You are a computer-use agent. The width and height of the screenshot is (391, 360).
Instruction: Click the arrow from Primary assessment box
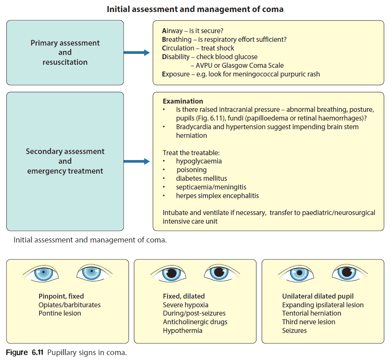[x=136, y=53]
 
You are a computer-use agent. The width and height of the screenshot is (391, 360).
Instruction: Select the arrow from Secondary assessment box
[x=136, y=162]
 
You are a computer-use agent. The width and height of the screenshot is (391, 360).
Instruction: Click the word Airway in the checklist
[x=173, y=31]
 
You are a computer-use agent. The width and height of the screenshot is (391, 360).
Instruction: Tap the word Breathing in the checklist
[x=177, y=40]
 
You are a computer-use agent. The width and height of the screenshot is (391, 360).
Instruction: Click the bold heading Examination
[x=183, y=101]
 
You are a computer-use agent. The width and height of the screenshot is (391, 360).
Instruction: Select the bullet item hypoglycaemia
[x=199, y=161]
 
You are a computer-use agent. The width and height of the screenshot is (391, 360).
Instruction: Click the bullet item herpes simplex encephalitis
[x=217, y=196]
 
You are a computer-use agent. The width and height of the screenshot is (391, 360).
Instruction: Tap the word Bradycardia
[x=195, y=127]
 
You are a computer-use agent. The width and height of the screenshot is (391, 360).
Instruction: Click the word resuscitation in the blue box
[x=65, y=62]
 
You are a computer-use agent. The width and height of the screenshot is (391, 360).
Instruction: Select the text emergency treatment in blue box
[x=65, y=171]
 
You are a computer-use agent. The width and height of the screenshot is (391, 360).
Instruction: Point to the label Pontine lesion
[x=60, y=313]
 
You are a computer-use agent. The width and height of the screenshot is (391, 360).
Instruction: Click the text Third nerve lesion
[x=308, y=322]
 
